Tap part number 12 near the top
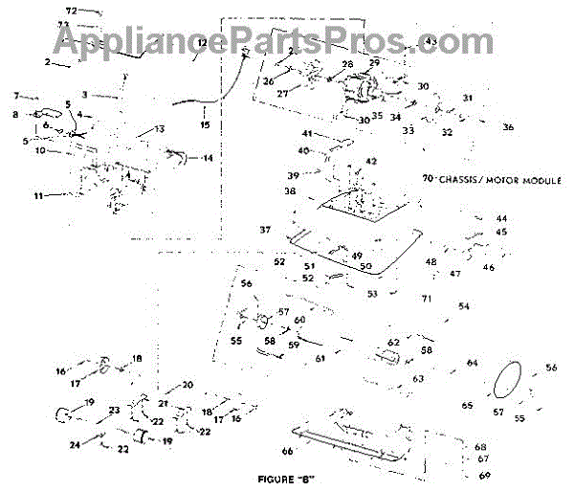203,44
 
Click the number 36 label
508,127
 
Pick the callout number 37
265,230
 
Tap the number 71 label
427,299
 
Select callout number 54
464,306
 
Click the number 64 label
472,363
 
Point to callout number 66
286,450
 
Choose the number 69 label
484,475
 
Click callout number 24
75,444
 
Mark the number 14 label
209,158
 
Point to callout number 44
501,219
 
